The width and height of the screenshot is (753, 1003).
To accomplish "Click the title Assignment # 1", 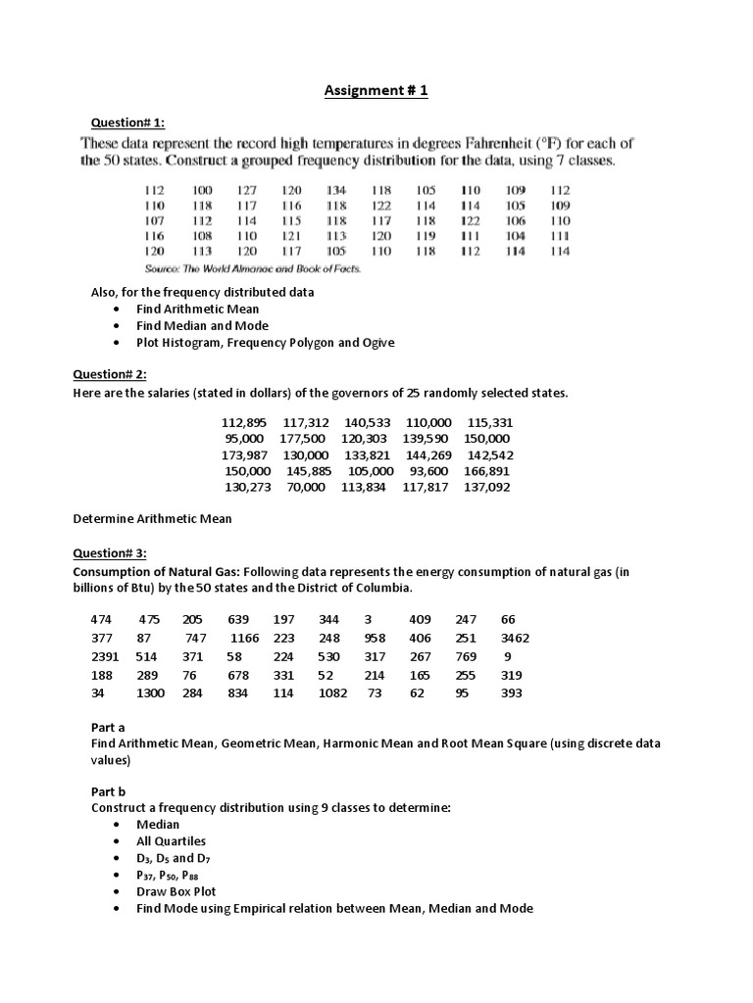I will point(376,91).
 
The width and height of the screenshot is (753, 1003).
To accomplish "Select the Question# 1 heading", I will point(127,121).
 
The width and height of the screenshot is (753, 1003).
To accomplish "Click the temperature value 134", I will point(336,190).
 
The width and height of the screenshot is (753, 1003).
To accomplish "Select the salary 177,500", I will point(302,439).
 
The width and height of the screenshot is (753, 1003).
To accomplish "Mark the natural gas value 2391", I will point(106,656).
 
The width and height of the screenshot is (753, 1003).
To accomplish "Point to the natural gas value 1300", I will point(150,693).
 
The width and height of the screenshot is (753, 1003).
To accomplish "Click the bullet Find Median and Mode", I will point(202,325).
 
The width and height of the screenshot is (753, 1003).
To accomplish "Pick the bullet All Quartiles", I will point(171,840).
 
